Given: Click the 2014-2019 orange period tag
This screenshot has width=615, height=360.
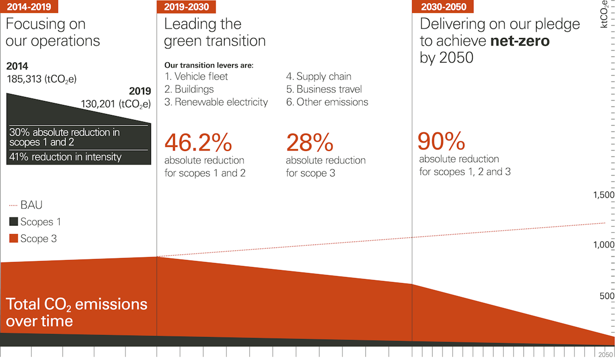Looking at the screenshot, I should pyautogui.click(x=28, y=6).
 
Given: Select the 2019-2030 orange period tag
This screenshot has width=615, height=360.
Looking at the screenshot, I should pyautogui.click(x=186, y=6).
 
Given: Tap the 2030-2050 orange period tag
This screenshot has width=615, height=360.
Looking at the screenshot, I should pyautogui.click(x=443, y=6).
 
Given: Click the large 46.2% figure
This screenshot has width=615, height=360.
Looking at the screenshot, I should pyautogui.click(x=198, y=143).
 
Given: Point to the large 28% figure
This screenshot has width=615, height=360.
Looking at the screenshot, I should pyautogui.click(x=309, y=143).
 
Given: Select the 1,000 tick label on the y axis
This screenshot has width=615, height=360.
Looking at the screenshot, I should pyautogui.click(x=603, y=245).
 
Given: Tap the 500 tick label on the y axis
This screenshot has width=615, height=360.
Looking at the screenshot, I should pyautogui.click(x=606, y=296).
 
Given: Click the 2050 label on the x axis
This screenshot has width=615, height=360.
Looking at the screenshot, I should pyautogui.click(x=606, y=353).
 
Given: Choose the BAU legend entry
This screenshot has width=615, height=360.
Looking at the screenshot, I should pyautogui.click(x=25, y=205).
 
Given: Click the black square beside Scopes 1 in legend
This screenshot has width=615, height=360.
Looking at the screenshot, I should pyautogui.click(x=13, y=221).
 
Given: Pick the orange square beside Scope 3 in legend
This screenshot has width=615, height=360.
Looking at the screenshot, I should pyautogui.click(x=13, y=238).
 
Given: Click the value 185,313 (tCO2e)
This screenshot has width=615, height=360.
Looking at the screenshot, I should pyautogui.click(x=41, y=79).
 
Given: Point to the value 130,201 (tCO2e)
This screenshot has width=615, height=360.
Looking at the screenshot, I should pyautogui.click(x=116, y=104).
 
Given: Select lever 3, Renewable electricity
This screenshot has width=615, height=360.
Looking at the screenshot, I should pyautogui.click(x=216, y=102).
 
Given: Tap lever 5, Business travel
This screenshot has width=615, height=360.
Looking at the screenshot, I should pyautogui.click(x=324, y=89).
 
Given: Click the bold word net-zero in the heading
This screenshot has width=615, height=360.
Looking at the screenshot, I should pyautogui.click(x=519, y=40).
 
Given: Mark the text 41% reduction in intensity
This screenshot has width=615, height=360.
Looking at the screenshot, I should pyautogui.click(x=65, y=157).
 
